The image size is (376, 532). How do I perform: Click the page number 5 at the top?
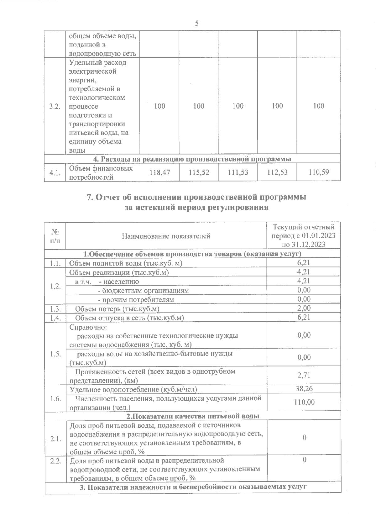pos(196,24)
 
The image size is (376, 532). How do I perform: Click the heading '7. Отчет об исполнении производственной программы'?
pos(196,198)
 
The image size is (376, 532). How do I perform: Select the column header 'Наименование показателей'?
pos(166,236)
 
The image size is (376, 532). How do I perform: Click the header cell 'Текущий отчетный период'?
pos(303,236)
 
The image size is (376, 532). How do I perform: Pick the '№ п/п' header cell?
pos(55,236)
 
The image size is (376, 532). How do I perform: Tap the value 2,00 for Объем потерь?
pos(304,308)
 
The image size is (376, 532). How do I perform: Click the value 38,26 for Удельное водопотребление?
pos(304,389)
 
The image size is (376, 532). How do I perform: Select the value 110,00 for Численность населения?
pos(304,402)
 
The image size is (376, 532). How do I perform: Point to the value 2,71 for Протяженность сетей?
pos(304,375)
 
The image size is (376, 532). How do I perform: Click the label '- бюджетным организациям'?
pos(143,290)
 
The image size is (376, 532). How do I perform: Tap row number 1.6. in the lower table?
pos(55,398)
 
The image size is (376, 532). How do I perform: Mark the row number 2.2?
pos(55,461)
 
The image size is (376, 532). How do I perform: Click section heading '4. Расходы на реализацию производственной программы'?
pos(192,159)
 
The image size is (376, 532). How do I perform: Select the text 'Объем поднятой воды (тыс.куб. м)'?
pos(126,263)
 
